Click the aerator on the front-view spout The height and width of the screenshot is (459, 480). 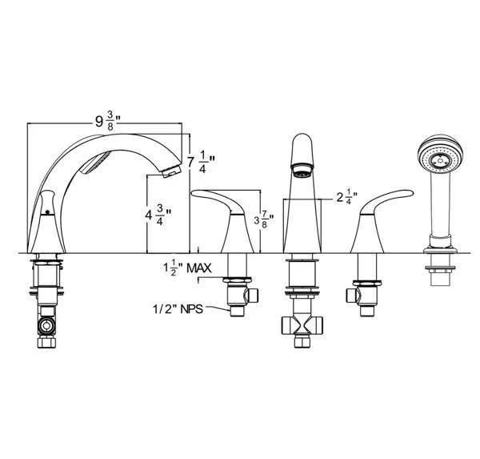pos(301,171)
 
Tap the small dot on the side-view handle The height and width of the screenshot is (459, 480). pos(47,213)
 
